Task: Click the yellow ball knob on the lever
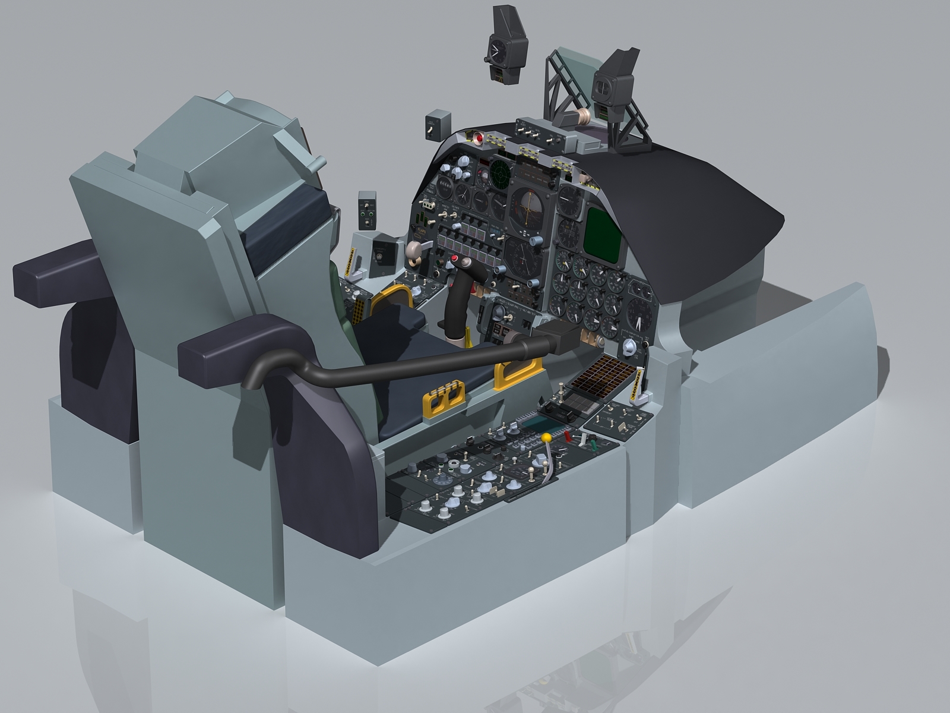pyautogui.click(x=546, y=437)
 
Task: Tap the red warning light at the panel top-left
pyautogui.click(x=479, y=138)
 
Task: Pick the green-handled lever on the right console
pyautogui.click(x=591, y=443)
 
